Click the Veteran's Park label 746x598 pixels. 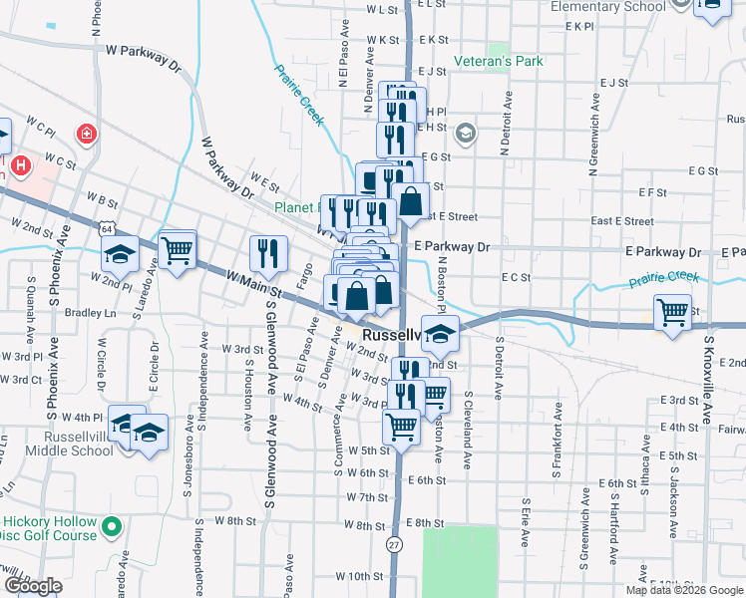click(x=499, y=61)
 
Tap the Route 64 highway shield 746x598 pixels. click(x=105, y=228)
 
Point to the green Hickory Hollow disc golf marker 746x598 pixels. click(x=112, y=524)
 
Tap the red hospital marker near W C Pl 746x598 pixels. click(x=87, y=133)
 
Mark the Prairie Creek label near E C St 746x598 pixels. click(x=663, y=280)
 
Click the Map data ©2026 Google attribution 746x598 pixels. click(x=683, y=590)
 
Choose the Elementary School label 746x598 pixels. click(x=608, y=7)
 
